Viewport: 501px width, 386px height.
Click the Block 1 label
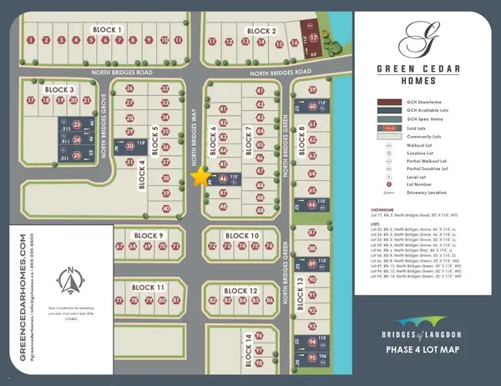pyautogui.click(x=108, y=29)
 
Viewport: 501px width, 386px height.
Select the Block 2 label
pyautogui.click(x=261, y=31)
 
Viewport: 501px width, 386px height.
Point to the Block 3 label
pyautogui.click(x=60, y=89)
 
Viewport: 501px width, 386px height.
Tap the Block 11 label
pyautogui.click(x=147, y=288)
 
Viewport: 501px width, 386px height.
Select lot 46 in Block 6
pyautogui.click(x=223, y=178)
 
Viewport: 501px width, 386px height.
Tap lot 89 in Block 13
pyautogui.click(x=312, y=263)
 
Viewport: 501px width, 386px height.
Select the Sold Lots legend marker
pyautogui.click(x=388, y=127)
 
